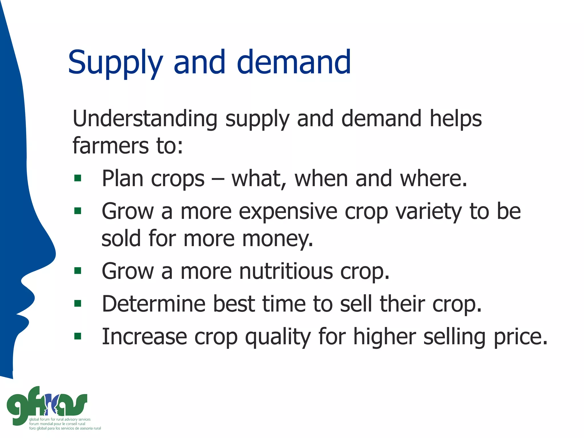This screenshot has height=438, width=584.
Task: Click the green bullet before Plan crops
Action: (78, 178)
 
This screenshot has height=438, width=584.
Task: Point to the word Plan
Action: (122, 179)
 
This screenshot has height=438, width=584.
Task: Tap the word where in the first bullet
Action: (433, 179)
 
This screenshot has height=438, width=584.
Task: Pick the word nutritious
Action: (285, 271)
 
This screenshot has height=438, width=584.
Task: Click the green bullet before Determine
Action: (78, 303)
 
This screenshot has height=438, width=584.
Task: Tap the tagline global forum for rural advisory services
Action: (60, 419)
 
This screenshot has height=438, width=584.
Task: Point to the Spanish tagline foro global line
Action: (65, 428)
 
